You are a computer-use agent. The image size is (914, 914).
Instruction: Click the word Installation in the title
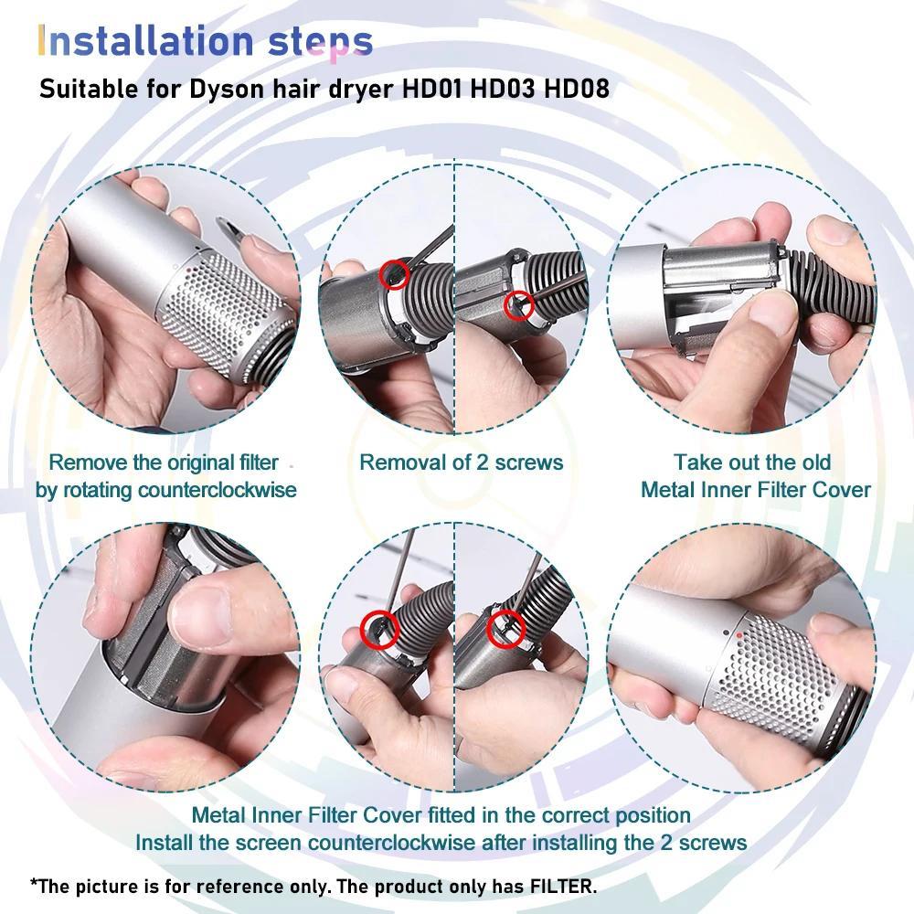(144, 41)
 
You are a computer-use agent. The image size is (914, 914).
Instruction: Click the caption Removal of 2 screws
(461, 462)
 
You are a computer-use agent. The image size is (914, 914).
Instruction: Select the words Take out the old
(752, 462)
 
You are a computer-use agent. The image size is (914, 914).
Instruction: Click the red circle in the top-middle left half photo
(395, 274)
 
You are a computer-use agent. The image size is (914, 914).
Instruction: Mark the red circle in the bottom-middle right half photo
(505, 627)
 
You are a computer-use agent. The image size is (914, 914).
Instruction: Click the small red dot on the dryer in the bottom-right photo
(738, 632)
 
